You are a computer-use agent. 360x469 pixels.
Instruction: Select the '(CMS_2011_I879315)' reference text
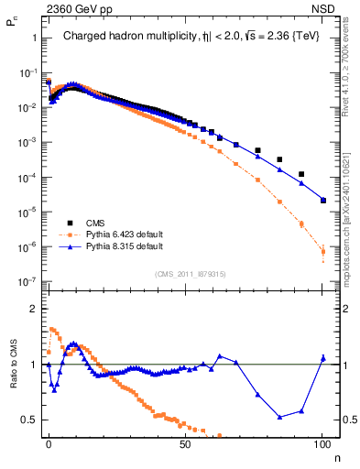pyautogui.click(x=186, y=272)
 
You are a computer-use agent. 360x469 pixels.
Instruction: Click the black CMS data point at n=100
pyautogui.click(x=322, y=200)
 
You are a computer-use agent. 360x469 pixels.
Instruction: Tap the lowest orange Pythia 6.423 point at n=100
pyautogui.click(x=322, y=251)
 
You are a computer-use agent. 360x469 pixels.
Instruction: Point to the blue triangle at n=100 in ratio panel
pyautogui.click(x=322, y=358)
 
